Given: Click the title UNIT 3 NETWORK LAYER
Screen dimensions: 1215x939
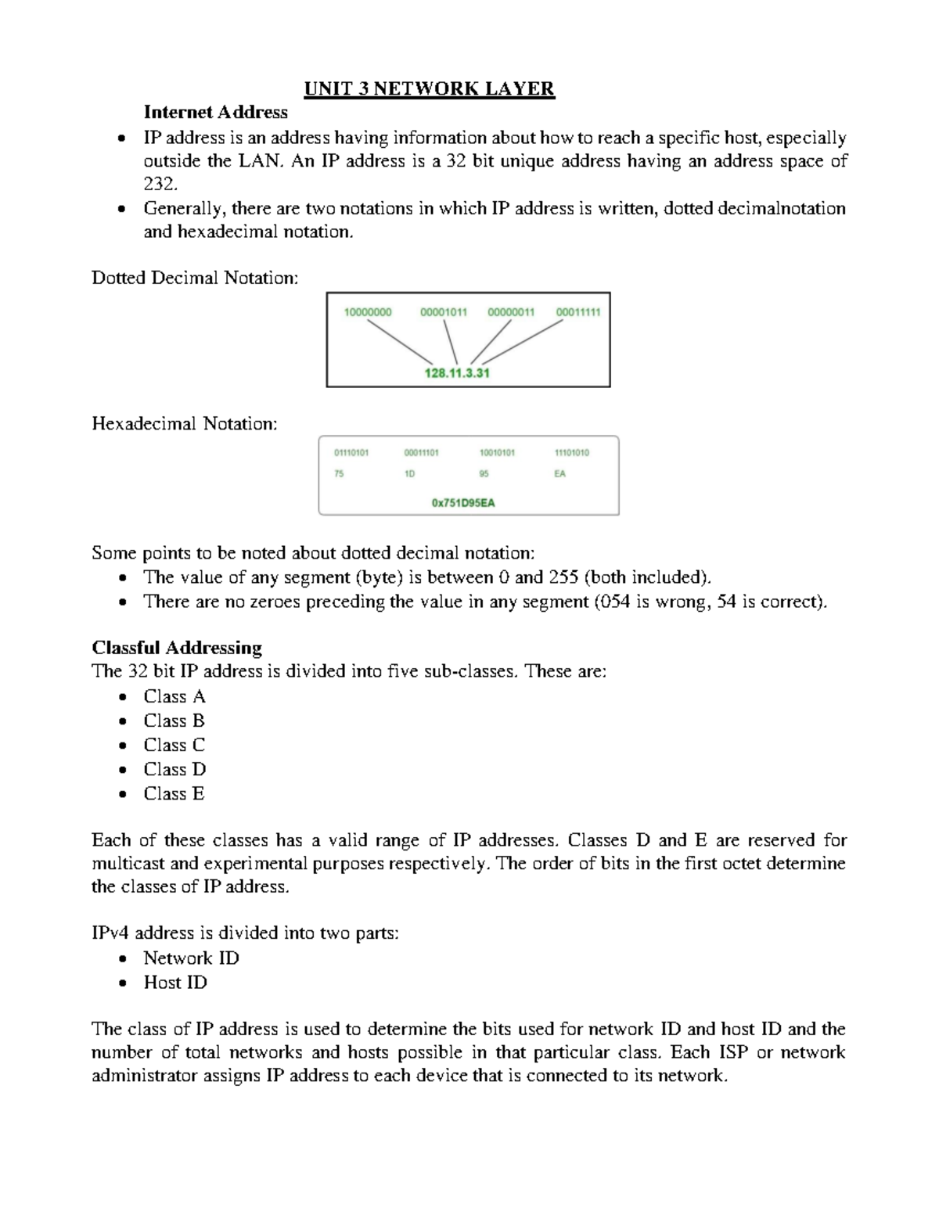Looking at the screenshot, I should (x=429, y=88).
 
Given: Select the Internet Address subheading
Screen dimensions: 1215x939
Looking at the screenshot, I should (x=215, y=112).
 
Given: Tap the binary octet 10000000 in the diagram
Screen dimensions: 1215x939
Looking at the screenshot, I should (x=368, y=312).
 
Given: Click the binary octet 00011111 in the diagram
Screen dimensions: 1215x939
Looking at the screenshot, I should (x=578, y=312).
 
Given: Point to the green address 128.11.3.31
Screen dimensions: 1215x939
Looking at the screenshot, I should (x=457, y=373).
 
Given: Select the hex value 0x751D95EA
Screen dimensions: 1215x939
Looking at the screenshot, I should (x=463, y=503).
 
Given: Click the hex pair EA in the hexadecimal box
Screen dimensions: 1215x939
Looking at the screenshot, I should (x=559, y=474).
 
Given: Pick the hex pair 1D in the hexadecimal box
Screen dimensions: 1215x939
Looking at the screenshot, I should (x=409, y=474).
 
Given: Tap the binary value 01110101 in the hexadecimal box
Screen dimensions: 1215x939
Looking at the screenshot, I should (x=351, y=453).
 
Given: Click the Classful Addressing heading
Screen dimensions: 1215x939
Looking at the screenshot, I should (x=177, y=648).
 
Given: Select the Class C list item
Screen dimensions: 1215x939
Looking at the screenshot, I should (x=174, y=745).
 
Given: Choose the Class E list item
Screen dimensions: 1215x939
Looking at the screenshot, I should (x=174, y=793).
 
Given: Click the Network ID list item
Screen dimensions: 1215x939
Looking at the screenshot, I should (x=191, y=958).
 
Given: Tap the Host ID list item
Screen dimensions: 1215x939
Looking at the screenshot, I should (x=175, y=983).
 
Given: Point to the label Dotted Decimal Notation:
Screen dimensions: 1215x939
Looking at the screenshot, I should (x=195, y=278).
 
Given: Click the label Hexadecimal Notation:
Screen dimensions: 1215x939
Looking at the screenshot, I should (x=185, y=424).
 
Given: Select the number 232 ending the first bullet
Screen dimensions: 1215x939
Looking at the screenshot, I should (x=159, y=185).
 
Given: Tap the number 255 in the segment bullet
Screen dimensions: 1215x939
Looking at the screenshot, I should (x=563, y=577).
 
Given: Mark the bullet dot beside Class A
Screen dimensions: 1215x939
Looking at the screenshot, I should (x=122, y=697).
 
